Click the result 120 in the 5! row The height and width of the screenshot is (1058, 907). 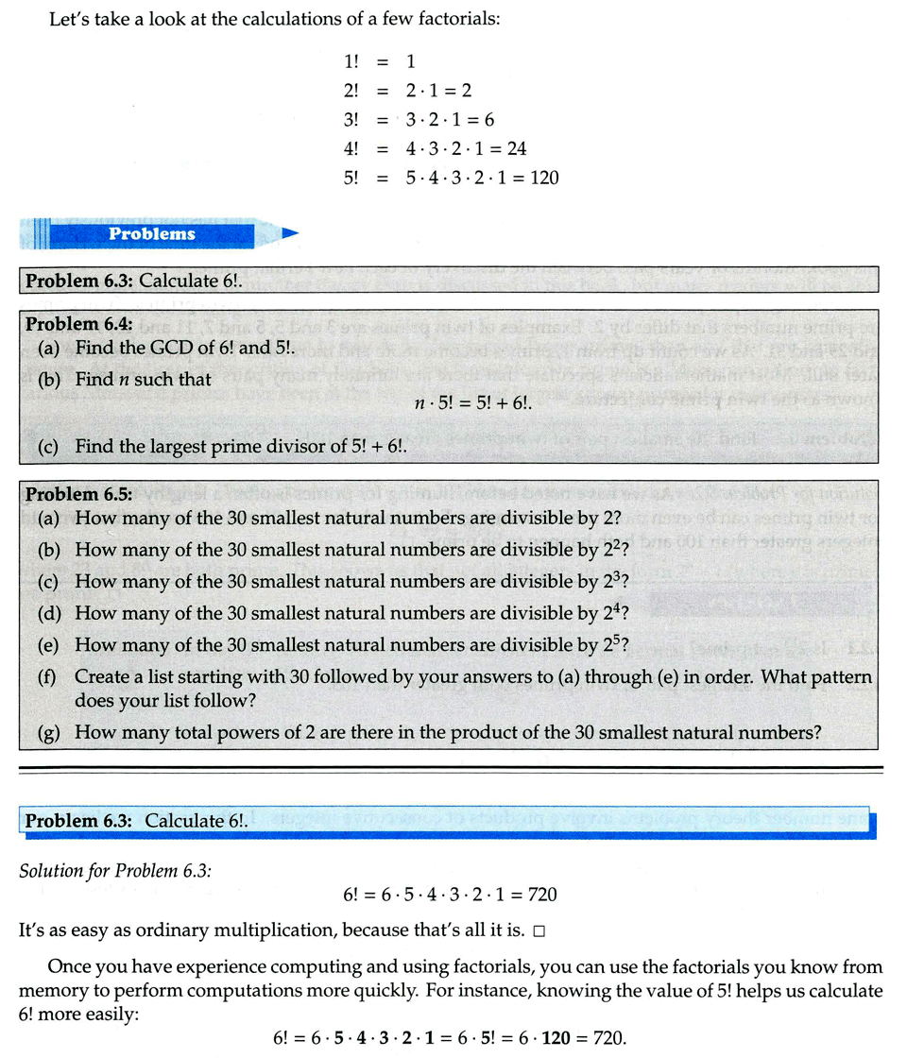click(x=544, y=177)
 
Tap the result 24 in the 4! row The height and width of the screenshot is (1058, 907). click(x=515, y=148)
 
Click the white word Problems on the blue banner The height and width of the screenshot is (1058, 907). click(x=151, y=233)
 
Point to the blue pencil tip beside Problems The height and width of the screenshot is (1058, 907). click(x=291, y=232)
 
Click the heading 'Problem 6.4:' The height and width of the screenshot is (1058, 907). click(x=79, y=324)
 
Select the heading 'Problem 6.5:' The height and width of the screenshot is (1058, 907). click(x=79, y=494)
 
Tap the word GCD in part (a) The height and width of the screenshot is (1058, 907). click(x=167, y=348)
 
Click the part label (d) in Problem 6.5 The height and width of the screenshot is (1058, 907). click(x=50, y=614)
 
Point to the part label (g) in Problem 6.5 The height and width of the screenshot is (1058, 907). click(x=50, y=732)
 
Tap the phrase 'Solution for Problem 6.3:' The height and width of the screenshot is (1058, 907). click(x=115, y=870)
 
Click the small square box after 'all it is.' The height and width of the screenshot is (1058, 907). click(x=539, y=931)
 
